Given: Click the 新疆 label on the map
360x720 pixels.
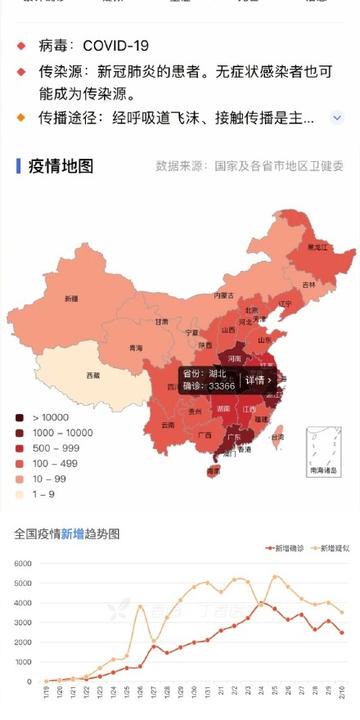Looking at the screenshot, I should (x=71, y=298).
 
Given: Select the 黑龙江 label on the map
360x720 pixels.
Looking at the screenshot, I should (x=317, y=246).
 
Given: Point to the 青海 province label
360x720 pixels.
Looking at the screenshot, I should (x=135, y=347).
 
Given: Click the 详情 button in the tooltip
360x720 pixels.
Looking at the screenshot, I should (x=258, y=380).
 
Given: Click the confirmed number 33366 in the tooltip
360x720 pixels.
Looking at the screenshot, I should (x=221, y=386).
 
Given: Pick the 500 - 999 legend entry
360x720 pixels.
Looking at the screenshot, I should (x=50, y=447).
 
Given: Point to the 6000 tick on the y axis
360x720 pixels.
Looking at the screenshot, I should (x=23, y=564).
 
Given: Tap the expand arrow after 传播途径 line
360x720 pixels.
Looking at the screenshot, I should (x=337, y=117).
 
